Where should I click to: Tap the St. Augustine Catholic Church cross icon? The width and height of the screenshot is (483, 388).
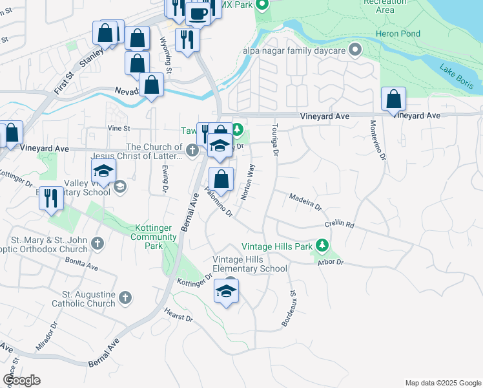[125, 297]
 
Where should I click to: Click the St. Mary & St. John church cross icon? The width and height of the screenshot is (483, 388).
[98, 243]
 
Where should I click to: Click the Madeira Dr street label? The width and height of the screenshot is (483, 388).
[305, 202]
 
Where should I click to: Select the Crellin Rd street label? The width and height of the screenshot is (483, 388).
[340, 225]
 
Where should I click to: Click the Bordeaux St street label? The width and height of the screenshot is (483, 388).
[288, 308]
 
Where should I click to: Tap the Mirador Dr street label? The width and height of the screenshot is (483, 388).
[48, 338]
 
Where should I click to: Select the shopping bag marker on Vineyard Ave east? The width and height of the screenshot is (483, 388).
[393, 100]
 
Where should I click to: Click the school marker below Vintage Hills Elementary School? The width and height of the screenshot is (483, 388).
[227, 291]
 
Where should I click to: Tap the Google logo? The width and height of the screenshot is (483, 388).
[21, 380]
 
